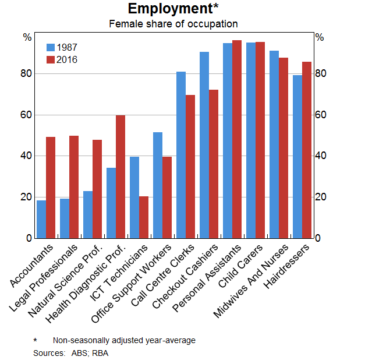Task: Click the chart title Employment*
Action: [173, 9]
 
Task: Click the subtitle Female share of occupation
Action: [173, 24]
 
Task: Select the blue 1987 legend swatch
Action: [51, 48]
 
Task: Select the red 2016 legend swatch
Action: [51, 59]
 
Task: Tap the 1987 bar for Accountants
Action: [41, 219]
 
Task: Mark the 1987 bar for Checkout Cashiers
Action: [204, 145]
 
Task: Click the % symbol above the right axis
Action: [319, 37]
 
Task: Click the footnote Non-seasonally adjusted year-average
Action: [124, 340]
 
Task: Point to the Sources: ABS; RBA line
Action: [70, 352]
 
